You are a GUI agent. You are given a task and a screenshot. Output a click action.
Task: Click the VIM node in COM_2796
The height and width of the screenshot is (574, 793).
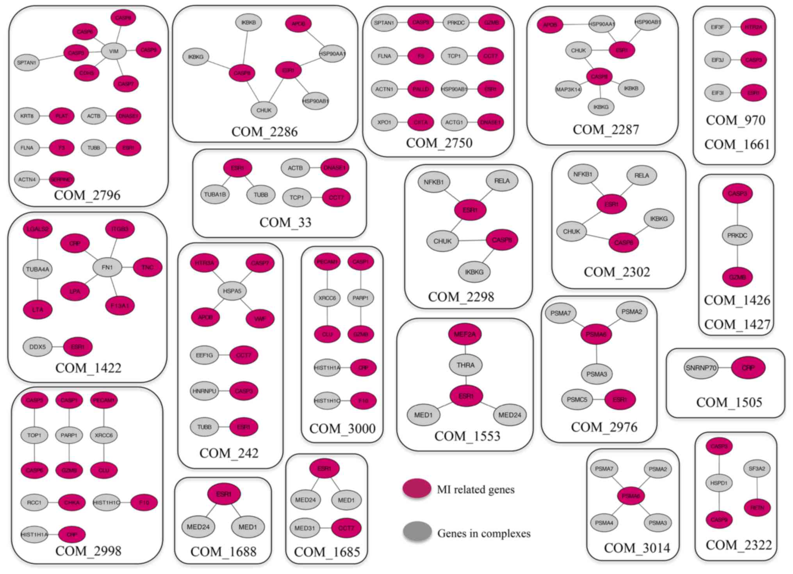click(114, 51)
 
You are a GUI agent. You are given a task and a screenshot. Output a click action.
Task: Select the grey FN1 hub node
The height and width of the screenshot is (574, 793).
click(107, 268)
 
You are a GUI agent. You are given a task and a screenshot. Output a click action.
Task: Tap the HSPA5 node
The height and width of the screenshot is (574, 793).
click(232, 291)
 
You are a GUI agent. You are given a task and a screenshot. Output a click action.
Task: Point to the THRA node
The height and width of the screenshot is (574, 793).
click(465, 365)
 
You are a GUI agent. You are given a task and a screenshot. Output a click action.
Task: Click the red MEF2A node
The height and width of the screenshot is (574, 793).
click(465, 334)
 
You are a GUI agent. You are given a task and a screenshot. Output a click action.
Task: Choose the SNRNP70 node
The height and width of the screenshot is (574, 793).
click(701, 368)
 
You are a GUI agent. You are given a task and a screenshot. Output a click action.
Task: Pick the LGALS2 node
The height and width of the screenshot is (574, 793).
click(37, 229)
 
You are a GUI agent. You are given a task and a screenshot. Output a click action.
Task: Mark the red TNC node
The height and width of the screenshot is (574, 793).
click(147, 268)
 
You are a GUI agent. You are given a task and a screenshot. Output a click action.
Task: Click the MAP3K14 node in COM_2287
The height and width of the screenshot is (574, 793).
click(568, 89)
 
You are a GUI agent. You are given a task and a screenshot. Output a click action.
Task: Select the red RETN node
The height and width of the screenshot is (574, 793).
click(757, 508)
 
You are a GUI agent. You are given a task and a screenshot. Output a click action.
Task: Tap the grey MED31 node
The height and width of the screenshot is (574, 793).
click(305, 528)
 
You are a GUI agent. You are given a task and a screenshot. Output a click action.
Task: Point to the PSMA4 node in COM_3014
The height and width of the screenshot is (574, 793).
click(604, 523)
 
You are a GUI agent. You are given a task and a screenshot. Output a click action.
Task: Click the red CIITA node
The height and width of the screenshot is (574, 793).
click(421, 122)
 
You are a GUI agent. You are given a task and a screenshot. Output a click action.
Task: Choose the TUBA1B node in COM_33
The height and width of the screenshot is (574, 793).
click(215, 195)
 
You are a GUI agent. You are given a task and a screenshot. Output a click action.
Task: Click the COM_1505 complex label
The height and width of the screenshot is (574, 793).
click(729, 402)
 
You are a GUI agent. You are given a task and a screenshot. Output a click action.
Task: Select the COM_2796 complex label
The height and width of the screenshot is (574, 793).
click(87, 195)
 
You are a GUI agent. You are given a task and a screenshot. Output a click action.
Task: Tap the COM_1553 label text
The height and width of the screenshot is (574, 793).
click(467, 436)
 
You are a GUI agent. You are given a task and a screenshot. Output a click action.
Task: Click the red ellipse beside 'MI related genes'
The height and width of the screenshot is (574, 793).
click(417, 488)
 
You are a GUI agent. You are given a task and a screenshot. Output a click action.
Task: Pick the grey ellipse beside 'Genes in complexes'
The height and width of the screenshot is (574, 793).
click(417, 532)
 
